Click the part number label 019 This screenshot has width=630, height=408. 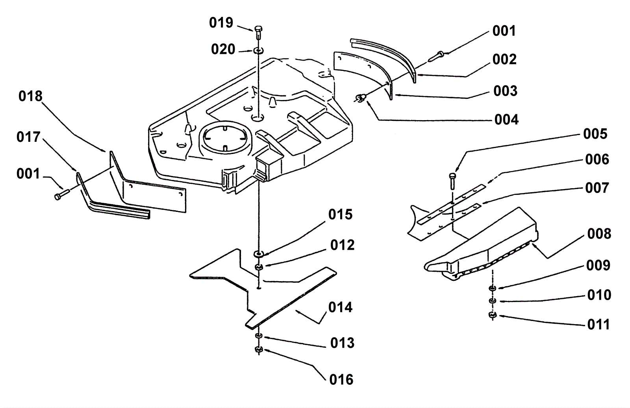[221, 23]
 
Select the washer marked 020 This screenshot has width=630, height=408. [258, 51]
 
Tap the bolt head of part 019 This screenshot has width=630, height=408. [258, 29]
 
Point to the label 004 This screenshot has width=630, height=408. [506, 120]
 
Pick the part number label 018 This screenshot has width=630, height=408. [30, 96]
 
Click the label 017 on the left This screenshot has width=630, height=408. [28, 137]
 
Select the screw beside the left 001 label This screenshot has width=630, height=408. [62, 194]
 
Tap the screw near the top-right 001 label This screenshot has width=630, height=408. [435, 56]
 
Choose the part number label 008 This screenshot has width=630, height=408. [599, 234]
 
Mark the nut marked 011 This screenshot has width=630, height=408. [493, 315]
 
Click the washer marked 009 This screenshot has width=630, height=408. [493, 288]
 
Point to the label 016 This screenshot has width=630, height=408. [341, 380]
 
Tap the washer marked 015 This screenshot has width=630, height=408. [258, 254]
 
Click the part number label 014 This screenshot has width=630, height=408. [340, 308]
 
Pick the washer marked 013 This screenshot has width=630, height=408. [258, 336]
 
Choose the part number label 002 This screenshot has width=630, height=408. [504, 59]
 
